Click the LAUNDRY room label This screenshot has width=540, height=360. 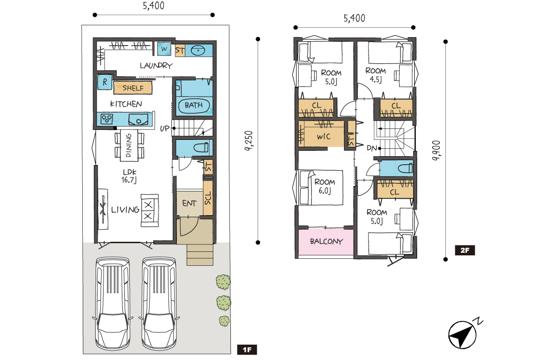click(156, 65)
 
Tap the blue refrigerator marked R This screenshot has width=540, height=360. click(105, 82)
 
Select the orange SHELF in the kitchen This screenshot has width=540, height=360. click(133, 88)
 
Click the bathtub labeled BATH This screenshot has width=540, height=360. click(194, 105)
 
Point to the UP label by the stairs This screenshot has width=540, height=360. click(164, 128)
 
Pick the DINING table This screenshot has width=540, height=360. click(129, 145)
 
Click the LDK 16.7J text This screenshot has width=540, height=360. click(129, 176)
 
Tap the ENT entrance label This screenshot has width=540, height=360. click(189, 203)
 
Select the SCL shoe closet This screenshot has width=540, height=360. click(208, 198)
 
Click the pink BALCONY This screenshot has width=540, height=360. click(326, 241)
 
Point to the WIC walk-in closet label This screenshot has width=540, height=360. click(324, 136)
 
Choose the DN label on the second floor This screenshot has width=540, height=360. click(372, 148)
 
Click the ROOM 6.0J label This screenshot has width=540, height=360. click(325, 186)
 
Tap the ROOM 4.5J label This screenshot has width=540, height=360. click(376, 75)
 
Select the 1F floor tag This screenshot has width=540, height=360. click(247, 350)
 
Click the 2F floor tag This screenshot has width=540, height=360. click(465, 250)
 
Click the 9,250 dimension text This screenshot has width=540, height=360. click(249, 141)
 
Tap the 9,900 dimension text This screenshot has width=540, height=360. click(436, 150)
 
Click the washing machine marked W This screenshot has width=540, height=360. click(164, 49)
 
